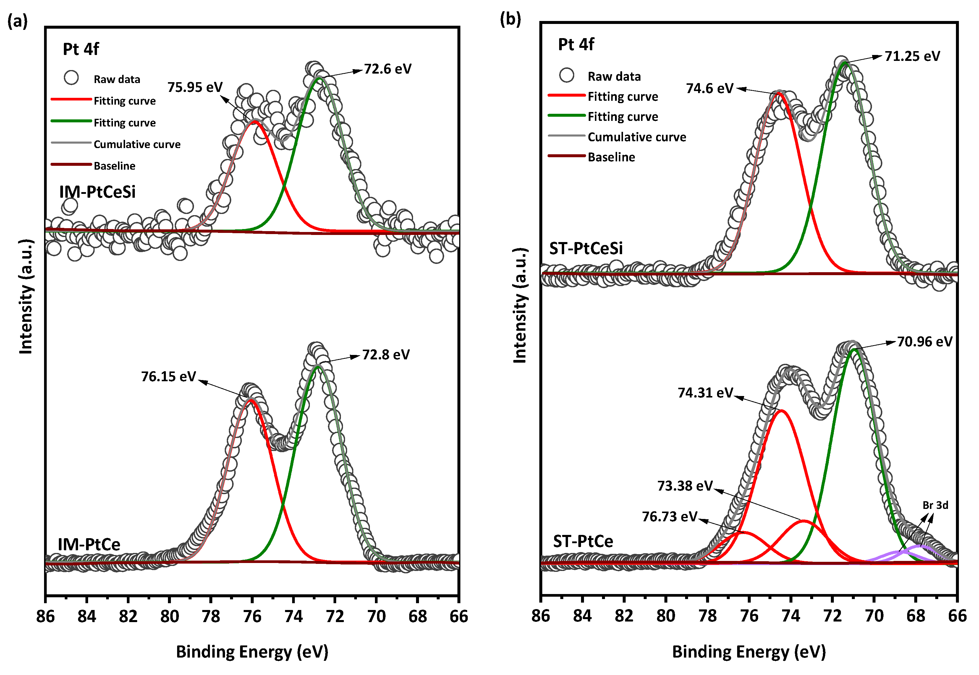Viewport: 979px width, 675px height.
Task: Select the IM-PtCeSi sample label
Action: (97, 192)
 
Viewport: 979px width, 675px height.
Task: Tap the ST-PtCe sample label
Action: (582, 541)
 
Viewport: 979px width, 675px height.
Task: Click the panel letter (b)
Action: (510, 20)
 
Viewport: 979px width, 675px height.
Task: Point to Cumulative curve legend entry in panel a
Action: (137, 144)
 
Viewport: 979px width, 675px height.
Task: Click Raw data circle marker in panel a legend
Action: (71, 77)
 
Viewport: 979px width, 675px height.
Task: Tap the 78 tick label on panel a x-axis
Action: (211, 617)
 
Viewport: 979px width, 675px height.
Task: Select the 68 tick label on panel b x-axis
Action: (915, 616)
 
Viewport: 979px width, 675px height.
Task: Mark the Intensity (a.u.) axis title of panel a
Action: (26, 296)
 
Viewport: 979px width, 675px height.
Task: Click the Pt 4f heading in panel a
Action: (80, 49)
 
